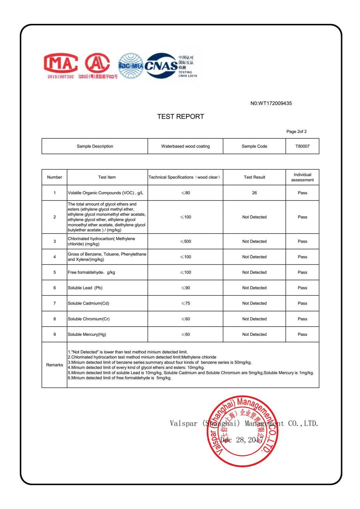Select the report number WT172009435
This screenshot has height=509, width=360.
click(271, 103)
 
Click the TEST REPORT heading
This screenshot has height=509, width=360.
click(180, 116)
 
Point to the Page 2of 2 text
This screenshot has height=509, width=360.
click(296, 131)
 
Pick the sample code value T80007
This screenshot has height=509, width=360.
click(302, 146)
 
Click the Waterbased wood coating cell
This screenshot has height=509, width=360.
click(185, 146)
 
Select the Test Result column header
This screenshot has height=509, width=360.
click(254, 177)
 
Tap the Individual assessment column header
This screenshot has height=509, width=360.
click(302, 177)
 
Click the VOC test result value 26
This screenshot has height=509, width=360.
click(254, 193)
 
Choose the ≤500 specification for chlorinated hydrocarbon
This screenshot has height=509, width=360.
click(185, 241)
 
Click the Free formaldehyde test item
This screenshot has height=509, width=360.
click(91, 272)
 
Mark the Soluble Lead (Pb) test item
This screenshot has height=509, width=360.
click(85, 288)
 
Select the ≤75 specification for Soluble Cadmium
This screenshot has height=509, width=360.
click(185, 303)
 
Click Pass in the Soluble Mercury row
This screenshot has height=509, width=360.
click(302, 334)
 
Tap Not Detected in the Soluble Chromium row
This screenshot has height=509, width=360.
click(254, 319)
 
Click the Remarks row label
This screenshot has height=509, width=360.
click(54, 365)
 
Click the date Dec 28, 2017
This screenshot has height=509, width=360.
click(242, 440)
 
